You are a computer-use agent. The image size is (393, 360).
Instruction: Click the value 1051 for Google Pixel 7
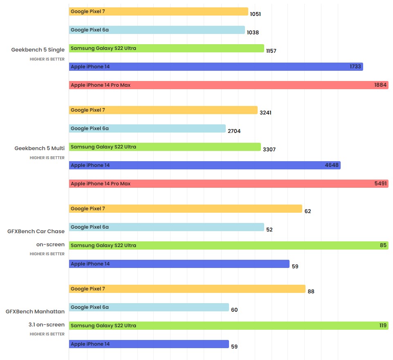click(x=255, y=14)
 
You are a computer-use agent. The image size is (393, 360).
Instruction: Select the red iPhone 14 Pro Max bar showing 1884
click(x=228, y=85)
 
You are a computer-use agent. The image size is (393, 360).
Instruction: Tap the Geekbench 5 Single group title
click(x=38, y=50)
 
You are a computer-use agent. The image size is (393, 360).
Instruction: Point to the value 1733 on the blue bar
click(x=355, y=67)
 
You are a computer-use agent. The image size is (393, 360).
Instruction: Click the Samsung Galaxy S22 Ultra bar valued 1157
click(x=166, y=48)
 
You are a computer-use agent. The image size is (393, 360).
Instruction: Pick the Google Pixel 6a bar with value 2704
click(x=147, y=128)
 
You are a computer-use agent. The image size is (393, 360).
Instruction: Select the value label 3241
click(x=265, y=112)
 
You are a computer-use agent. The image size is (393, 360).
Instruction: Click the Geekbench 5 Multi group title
click(x=40, y=148)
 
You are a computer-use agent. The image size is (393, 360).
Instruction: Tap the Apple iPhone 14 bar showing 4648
click(x=204, y=165)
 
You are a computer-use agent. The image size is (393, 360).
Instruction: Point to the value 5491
click(x=380, y=184)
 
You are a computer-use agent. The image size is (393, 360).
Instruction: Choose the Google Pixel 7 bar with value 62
click(x=185, y=209)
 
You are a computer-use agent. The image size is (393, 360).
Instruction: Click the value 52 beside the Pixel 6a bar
click(x=269, y=229)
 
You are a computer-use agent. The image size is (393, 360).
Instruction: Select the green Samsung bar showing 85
click(x=228, y=245)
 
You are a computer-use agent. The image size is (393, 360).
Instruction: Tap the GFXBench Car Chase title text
click(x=36, y=231)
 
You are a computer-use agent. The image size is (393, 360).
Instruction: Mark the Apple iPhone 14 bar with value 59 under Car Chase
click(x=179, y=264)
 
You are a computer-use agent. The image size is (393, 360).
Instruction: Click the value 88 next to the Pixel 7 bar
click(x=311, y=291)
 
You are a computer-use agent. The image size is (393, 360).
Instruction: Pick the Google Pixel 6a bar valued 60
click(x=149, y=307)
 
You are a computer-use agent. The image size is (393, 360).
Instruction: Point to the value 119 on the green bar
click(x=382, y=326)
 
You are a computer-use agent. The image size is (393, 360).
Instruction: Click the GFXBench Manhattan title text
click(x=35, y=311)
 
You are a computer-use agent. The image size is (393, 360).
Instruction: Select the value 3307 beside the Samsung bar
click(x=269, y=149)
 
